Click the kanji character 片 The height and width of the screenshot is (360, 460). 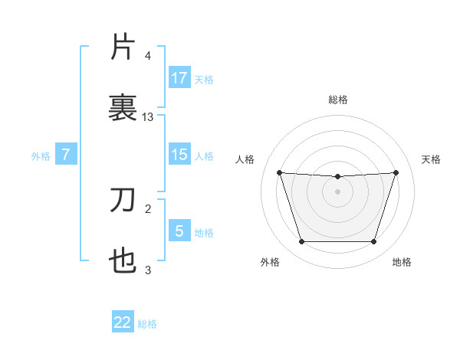pyautogui.click(x=123, y=47)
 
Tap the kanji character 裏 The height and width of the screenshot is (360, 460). pyautogui.click(x=123, y=106)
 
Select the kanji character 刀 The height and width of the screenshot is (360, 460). pyautogui.click(x=123, y=201)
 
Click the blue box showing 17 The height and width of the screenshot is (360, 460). pyautogui.click(x=179, y=77)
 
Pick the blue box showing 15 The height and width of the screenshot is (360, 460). pyautogui.click(x=179, y=155)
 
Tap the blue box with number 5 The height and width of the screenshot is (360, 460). pyautogui.click(x=179, y=230)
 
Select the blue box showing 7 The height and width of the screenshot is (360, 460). pyautogui.click(x=66, y=155)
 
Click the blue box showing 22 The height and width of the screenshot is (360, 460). pyautogui.click(x=123, y=322)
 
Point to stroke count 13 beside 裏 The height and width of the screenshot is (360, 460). pyautogui.click(x=148, y=117)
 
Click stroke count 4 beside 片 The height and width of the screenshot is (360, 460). pyautogui.click(x=147, y=57)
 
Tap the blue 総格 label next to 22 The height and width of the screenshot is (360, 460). pyautogui.click(x=147, y=324)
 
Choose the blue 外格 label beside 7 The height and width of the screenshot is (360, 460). pyautogui.click(x=41, y=156)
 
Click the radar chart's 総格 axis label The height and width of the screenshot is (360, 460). pyautogui.click(x=338, y=100)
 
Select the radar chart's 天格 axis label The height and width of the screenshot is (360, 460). pyautogui.click(x=432, y=159)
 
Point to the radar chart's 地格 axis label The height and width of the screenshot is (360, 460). pyautogui.click(x=402, y=263)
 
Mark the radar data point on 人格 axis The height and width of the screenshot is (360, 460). pyautogui.click(x=280, y=172)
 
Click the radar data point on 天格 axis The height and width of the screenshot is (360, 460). pyautogui.click(x=396, y=172)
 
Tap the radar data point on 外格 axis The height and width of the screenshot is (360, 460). pyautogui.click(x=301, y=242)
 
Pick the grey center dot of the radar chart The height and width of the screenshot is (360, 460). pyautogui.click(x=338, y=191)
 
